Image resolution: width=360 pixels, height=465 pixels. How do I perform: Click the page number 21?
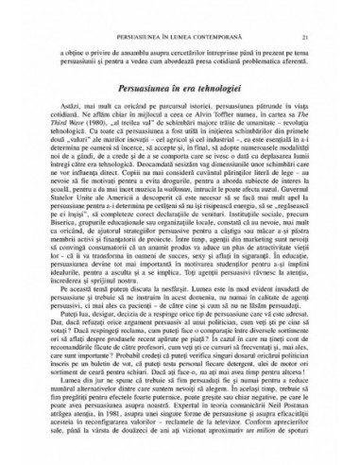(x=304, y=11)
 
